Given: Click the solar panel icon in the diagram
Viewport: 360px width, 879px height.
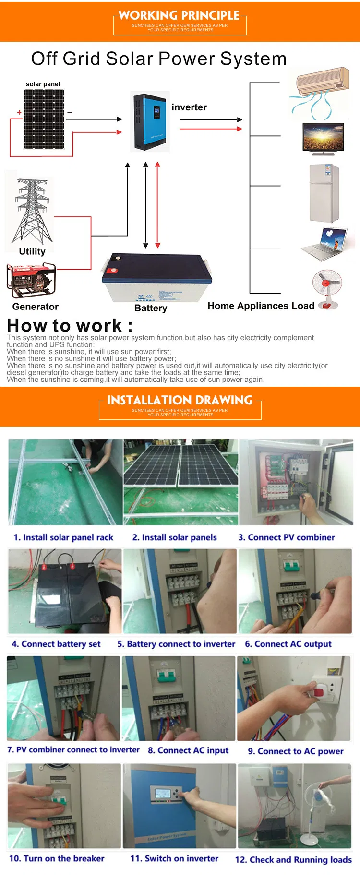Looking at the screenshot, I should tap(44, 120).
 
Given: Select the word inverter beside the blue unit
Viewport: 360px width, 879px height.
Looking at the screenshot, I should tap(189, 107).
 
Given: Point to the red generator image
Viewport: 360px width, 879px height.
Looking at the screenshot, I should tap(31, 281).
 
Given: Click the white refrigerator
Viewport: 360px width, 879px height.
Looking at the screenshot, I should tap(324, 193).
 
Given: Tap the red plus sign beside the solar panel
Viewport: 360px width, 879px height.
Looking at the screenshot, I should tap(19, 112).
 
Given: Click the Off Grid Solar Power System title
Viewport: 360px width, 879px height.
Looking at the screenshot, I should tap(159, 59).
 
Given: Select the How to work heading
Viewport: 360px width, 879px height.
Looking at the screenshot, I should tap(70, 326).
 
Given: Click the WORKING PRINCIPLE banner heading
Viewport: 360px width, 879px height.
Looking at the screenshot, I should tap(179, 16).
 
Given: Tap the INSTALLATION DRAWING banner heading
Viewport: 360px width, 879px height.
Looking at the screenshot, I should tap(180, 400).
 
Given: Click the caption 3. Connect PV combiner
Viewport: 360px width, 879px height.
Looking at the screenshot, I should tap(287, 537).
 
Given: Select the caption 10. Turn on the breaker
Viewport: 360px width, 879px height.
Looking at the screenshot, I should tap(57, 858).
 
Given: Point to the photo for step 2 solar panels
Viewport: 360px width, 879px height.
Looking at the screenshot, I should tap(180, 481).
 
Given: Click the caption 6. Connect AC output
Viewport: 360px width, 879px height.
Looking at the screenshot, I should tap(288, 644).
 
